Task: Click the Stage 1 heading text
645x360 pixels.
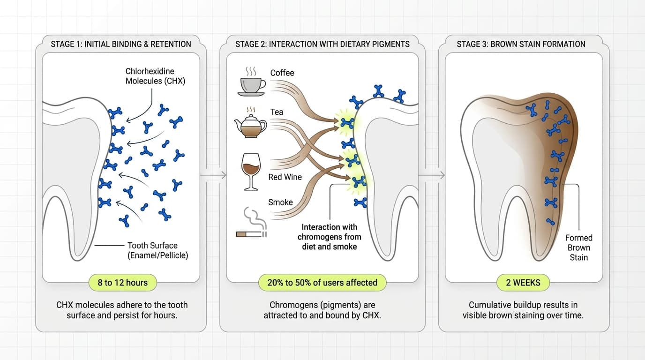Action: click(x=121, y=44)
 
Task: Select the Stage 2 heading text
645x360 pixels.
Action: click(x=322, y=44)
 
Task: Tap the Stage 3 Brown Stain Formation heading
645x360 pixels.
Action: click(x=521, y=44)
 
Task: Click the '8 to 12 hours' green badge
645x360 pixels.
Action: click(x=123, y=283)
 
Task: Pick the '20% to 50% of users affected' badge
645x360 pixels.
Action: click(x=322, y=283)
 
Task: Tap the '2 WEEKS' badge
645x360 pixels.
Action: click(x=523, y=283)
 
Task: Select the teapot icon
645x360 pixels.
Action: click(x=250, y=125)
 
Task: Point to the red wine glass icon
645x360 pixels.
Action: click(x=251, y=171)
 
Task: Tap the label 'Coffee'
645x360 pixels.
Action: click(x=282, y=73)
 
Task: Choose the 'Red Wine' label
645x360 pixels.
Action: click(x=285, y=177)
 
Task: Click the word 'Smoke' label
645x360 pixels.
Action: click(x=280, y=202)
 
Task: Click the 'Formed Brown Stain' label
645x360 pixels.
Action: click(x=579, y=247)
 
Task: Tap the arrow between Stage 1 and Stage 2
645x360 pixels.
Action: click(x=213, y=175)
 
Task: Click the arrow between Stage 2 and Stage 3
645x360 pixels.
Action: click(x=432, y=175)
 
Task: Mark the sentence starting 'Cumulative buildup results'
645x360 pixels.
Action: click(x=523, y=310)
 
